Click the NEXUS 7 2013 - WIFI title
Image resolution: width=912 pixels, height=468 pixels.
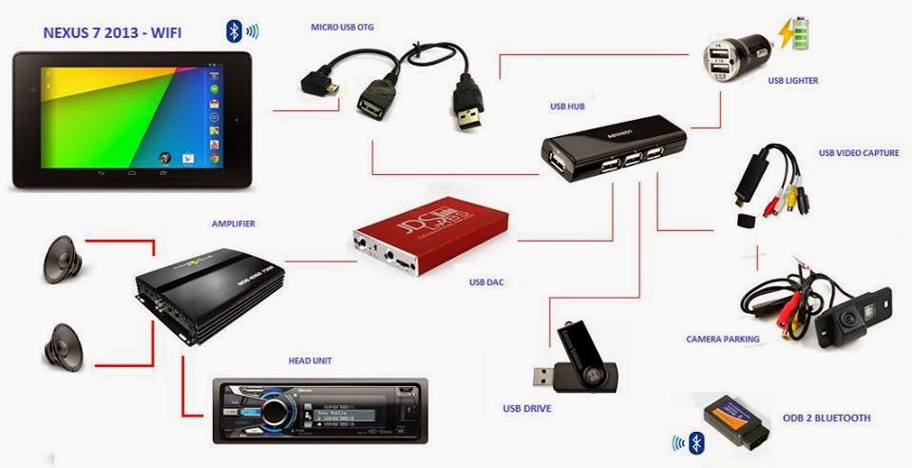click(x=112, y=33)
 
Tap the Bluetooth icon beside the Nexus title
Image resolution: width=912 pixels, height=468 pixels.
click(x=234, y=30)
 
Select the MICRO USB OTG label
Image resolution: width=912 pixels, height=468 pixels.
click(x=342, y=27)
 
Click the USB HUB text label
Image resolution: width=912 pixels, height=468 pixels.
click(x=567, y=107)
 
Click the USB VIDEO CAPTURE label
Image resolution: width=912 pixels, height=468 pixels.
click(x=859, y=152)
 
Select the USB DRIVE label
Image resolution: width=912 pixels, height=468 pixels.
click(x=527, y=409)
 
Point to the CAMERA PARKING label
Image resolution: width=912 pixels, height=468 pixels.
click(x=723, y=339)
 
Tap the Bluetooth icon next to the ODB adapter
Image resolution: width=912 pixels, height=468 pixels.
click(x=696, y=442)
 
